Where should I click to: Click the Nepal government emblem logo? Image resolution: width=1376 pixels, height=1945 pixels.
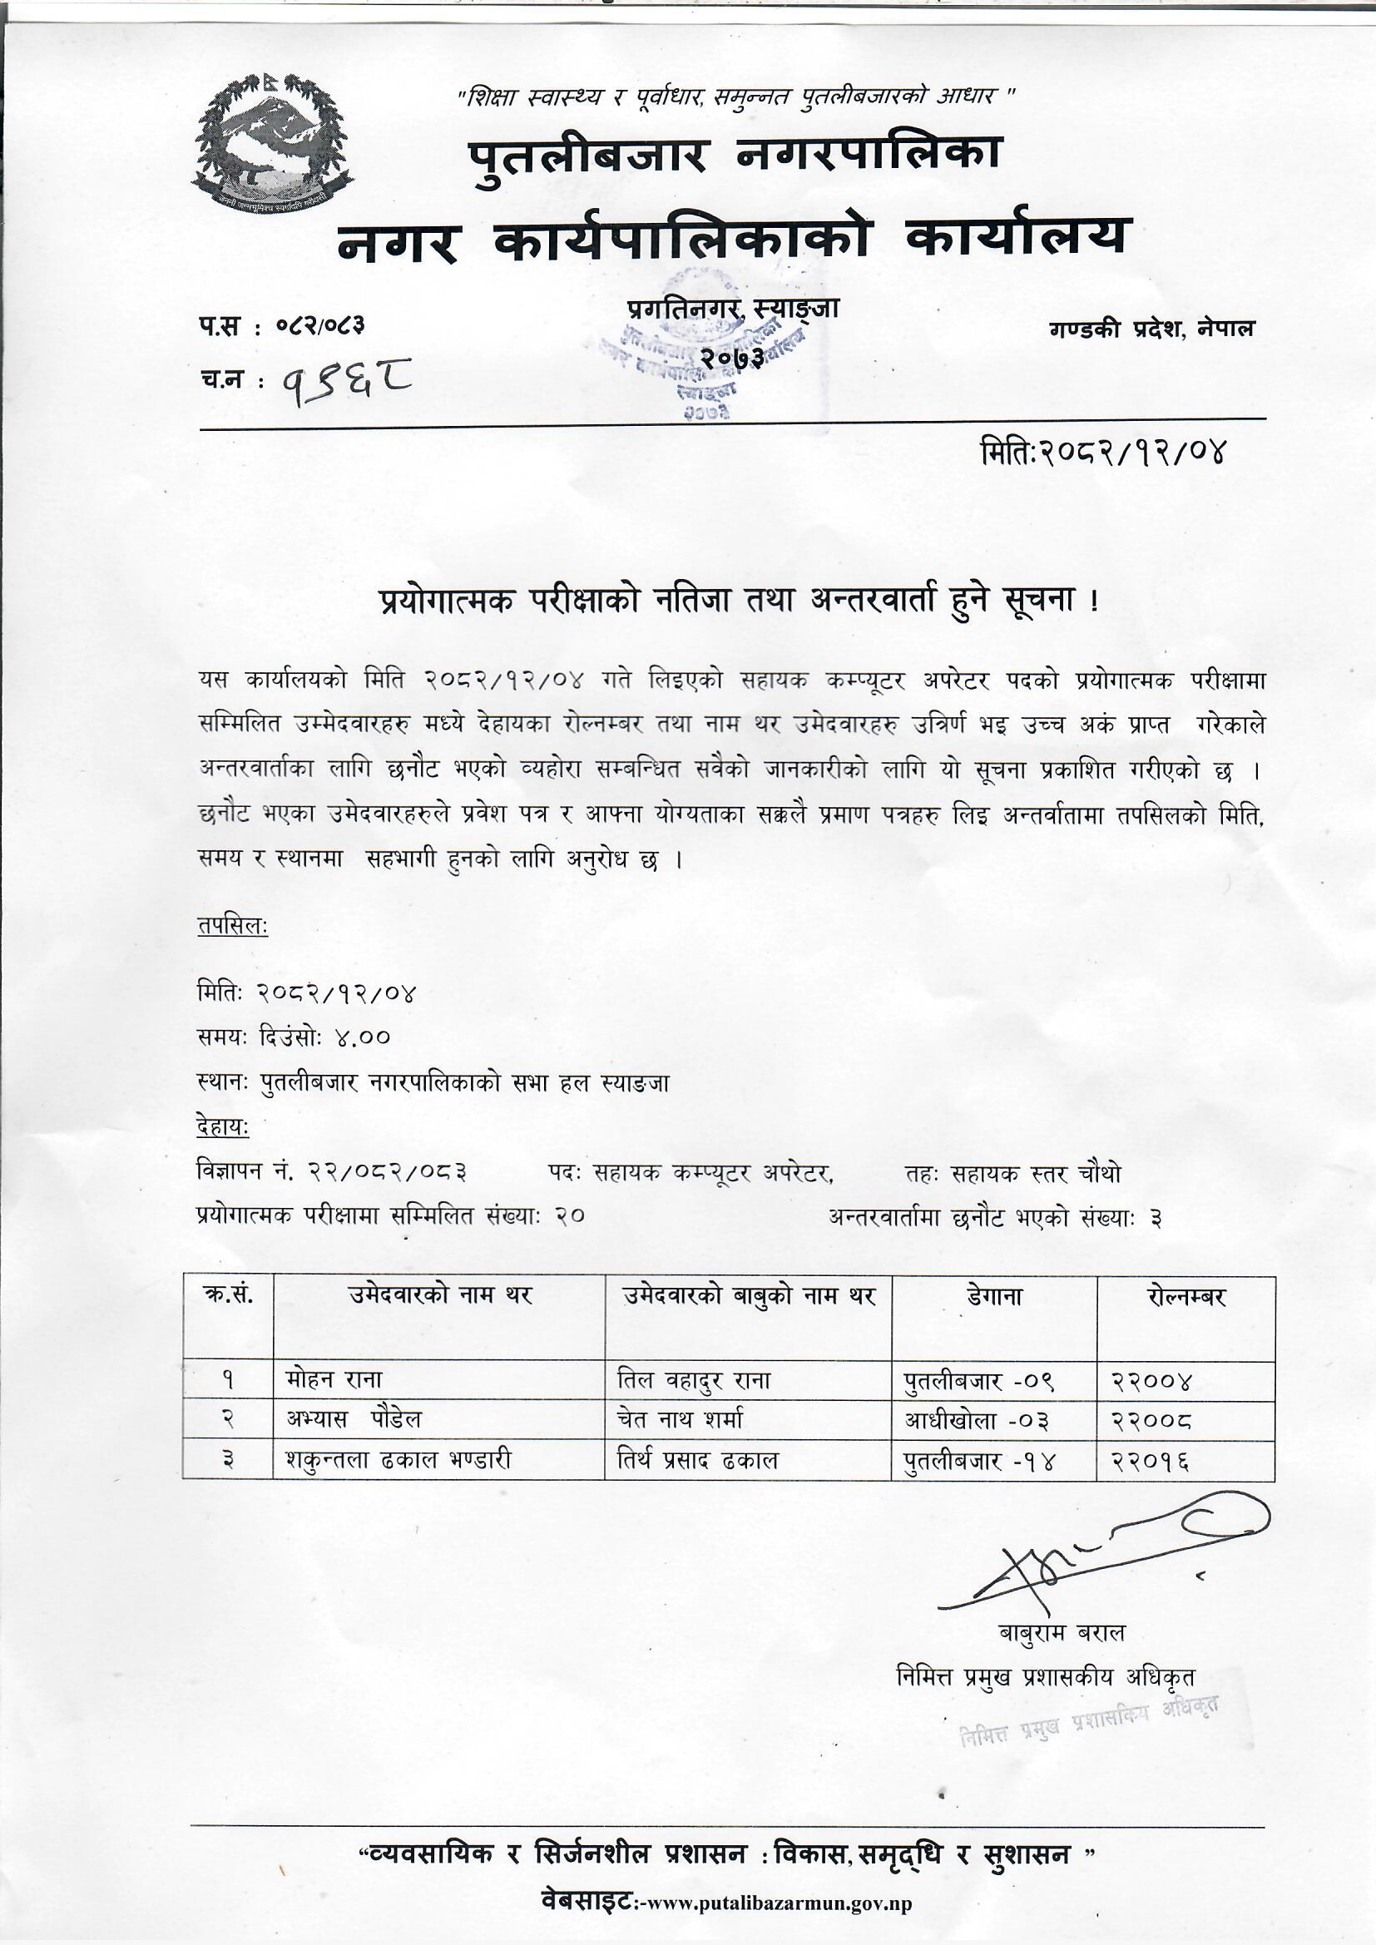(x=271, y=142)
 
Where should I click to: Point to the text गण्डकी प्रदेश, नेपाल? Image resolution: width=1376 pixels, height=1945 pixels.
(x=1151, y=329)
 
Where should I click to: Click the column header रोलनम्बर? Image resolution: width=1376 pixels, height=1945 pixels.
(x=1185, y=1296)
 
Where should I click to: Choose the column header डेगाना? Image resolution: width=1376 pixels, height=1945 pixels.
(x=994, y=1296)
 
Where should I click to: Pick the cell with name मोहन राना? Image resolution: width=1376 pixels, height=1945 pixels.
(x=334, y=1381)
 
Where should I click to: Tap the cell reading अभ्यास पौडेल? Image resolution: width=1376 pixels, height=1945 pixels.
(x=354, y=1419)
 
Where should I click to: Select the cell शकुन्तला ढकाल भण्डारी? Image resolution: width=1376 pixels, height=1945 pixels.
(x=398, y=1459)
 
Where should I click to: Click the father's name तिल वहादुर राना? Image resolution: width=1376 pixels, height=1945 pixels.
(x=694, y=1381)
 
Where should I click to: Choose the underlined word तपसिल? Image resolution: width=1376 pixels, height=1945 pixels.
(x=232, y=927)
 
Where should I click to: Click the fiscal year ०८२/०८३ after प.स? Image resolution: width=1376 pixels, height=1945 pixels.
(x=322, y=325)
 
